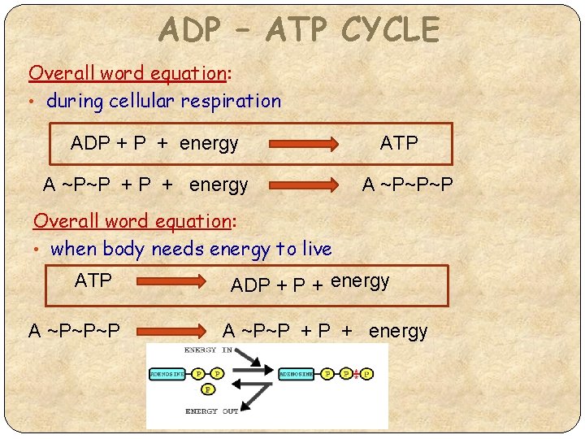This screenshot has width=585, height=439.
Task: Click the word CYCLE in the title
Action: point(390,30)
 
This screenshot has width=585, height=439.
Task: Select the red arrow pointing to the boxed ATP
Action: point(304,145)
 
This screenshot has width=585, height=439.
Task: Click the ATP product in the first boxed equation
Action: point(399,144)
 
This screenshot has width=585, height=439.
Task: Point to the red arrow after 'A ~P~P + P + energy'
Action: point(304,185)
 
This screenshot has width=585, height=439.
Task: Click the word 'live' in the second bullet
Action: point(314,249)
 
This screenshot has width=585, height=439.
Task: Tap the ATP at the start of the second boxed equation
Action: point(93,280)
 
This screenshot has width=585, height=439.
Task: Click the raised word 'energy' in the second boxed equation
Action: point(360,280)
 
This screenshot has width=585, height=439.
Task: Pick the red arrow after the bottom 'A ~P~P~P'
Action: point(171,331)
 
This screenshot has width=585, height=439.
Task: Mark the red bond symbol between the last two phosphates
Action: point(356,375)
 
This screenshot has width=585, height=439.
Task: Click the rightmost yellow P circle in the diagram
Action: point(367,375)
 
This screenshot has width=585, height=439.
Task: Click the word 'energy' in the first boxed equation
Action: point(209,144)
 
